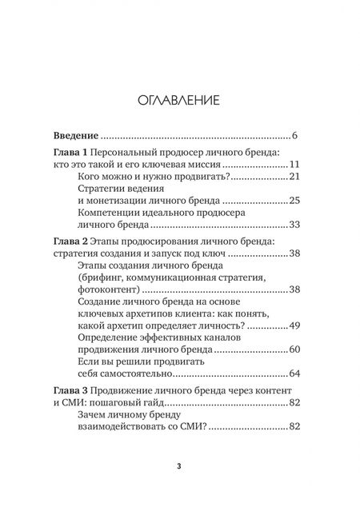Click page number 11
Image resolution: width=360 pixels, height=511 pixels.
click(293, 166)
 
